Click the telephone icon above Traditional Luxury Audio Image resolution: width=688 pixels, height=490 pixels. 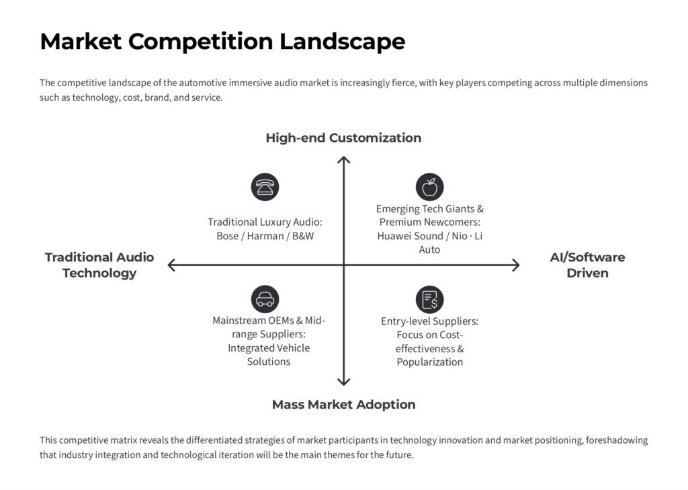[x=265, y=187]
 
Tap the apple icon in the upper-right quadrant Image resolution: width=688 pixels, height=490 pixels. [x=429, y=187]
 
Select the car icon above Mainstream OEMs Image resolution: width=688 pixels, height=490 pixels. [x=265, y=299]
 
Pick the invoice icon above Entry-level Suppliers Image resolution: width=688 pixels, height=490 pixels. [x=429, y=299]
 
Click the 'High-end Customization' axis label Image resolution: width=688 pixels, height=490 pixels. [x=343, y=138]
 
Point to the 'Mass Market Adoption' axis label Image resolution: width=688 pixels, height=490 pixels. [x=343, y=404]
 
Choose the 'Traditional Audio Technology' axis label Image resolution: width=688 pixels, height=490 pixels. [x=99, y=265]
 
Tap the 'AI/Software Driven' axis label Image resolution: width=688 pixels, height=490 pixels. [x=587, y=265]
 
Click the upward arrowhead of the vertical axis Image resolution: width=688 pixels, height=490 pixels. [x=344, y=159]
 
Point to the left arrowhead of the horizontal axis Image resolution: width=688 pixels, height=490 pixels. [x=171, y=265]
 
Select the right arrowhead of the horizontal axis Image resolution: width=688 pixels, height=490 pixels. [x=516, y=265]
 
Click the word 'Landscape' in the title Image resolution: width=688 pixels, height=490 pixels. [x=342, y=42]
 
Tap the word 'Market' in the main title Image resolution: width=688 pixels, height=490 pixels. [x=81, y=42]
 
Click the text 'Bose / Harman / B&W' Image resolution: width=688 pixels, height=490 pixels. [x=265, y=236]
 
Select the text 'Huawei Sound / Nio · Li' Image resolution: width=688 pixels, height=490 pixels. [x=429, y=236]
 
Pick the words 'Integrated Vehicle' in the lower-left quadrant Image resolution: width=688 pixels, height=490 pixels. [x=269, y=348]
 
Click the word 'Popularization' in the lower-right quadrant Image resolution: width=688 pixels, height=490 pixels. [x=429, y=362]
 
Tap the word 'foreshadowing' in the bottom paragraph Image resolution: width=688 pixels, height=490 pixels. [x=616, y=440]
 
